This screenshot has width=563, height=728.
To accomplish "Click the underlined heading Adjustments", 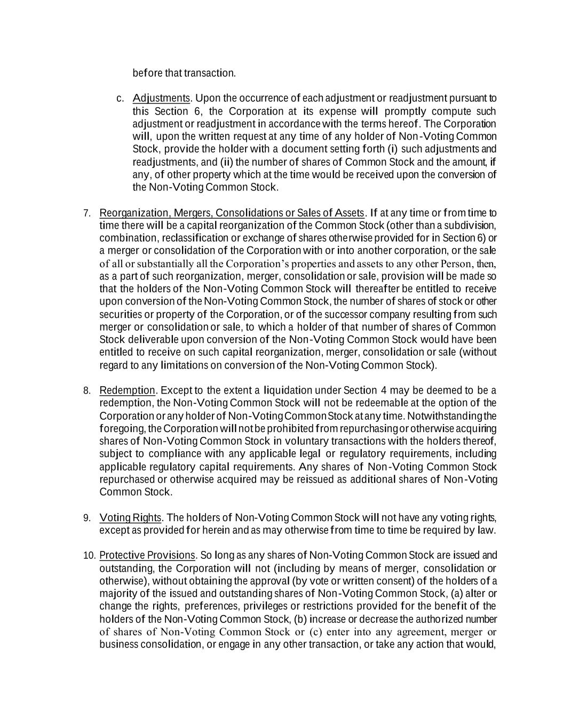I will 161,99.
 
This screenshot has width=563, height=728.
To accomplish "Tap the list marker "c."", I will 120,99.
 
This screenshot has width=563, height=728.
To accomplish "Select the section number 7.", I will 86,213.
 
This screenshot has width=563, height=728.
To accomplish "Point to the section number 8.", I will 86,391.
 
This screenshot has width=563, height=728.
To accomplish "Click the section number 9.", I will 86,518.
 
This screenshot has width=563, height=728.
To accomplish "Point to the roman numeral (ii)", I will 226,162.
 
